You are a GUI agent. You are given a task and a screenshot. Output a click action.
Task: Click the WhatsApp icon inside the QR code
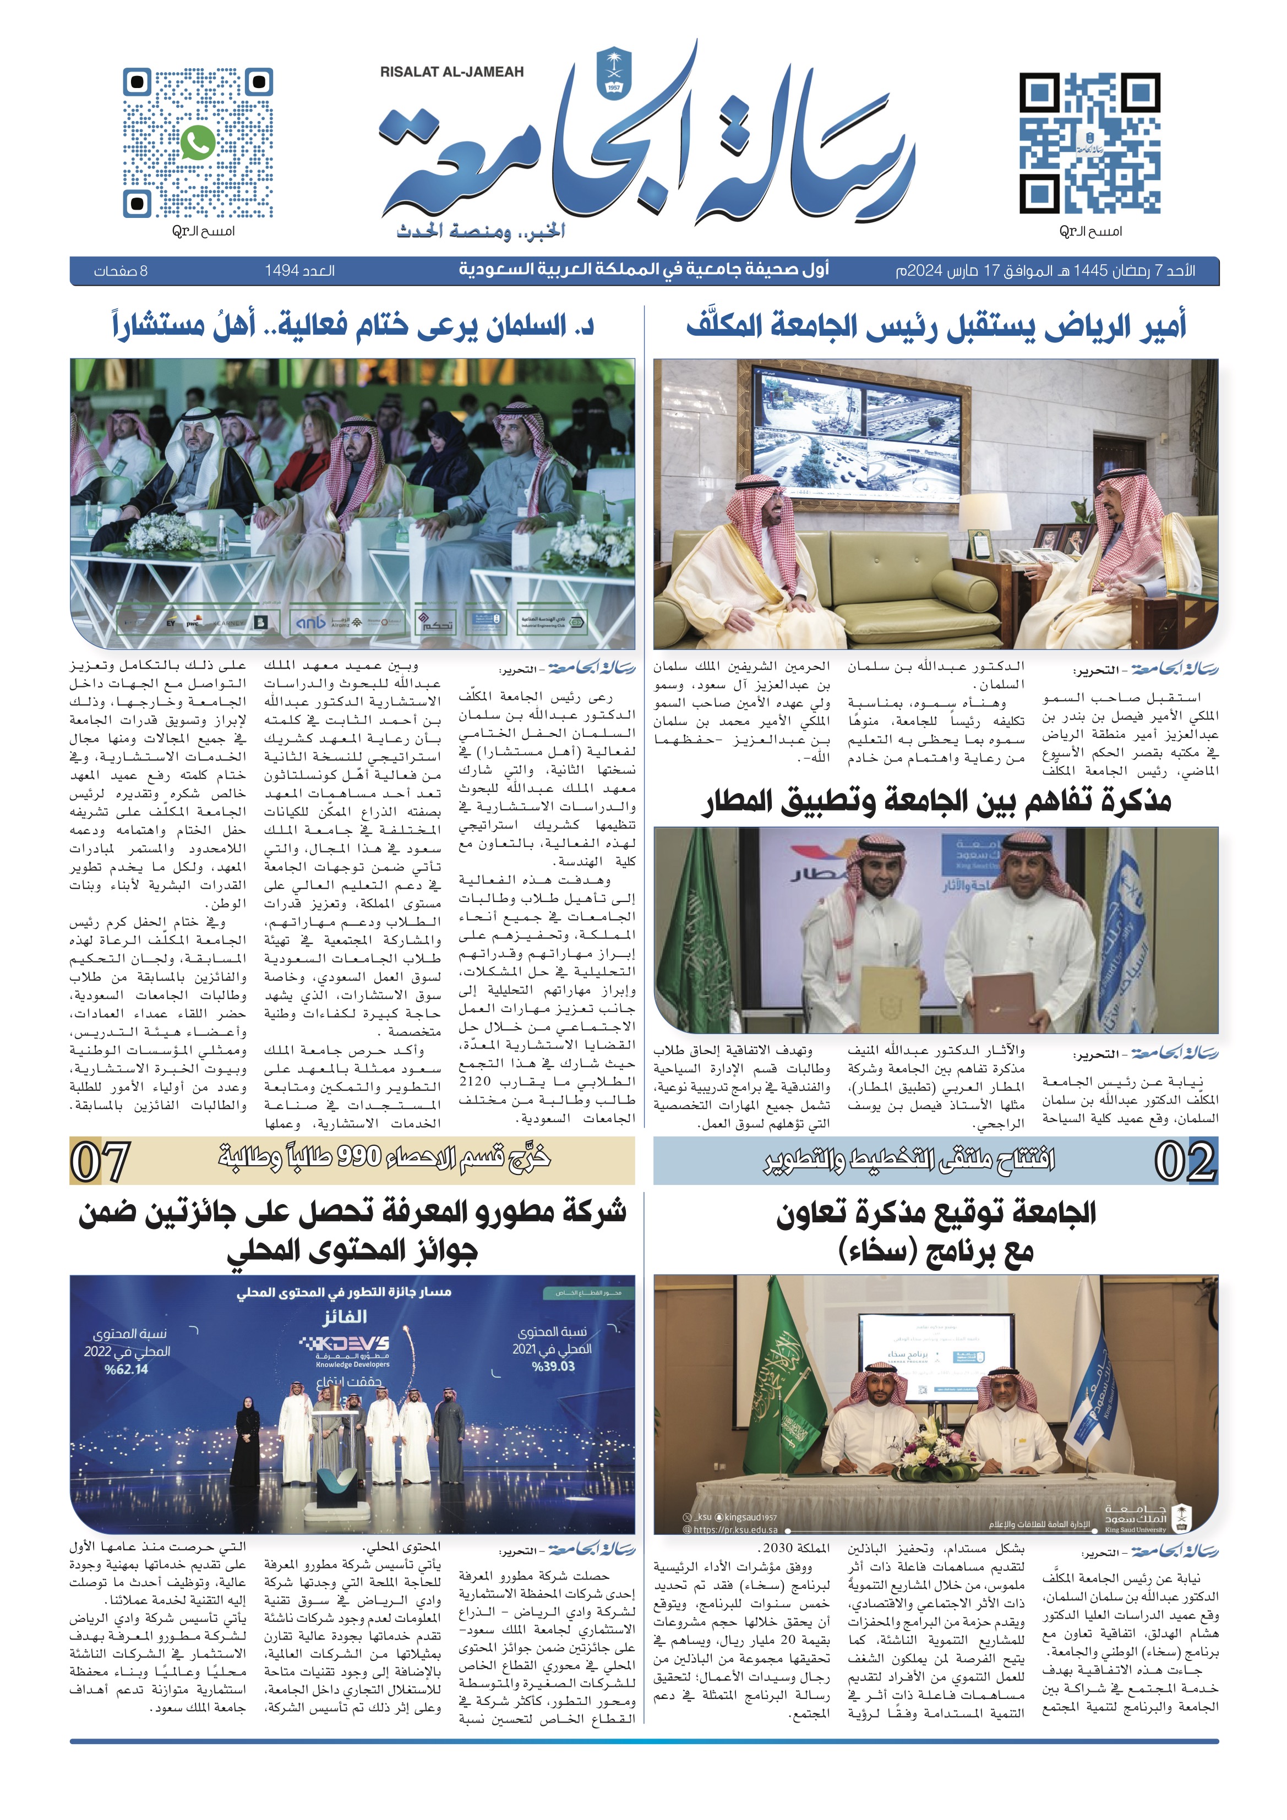coord(198,144)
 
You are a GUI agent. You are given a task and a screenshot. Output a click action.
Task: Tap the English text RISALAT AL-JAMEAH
coord(451,72)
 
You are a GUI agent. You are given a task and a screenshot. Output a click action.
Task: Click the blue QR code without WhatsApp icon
coord(1089,144)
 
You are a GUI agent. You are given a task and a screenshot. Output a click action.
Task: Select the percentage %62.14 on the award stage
coord(126,1369)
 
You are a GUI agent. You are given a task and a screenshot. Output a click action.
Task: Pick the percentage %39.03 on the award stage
coord(553,1367)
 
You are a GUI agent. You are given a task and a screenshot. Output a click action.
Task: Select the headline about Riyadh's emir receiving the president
coord(936,326)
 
